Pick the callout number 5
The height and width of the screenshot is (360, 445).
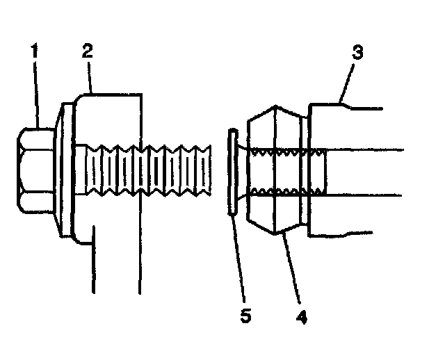[x=245, y=317]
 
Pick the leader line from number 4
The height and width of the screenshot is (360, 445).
[x=292, y=271]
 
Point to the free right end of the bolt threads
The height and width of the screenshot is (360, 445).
[x=207, y=171]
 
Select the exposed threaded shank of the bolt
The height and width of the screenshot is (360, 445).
[x=174, y=171]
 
